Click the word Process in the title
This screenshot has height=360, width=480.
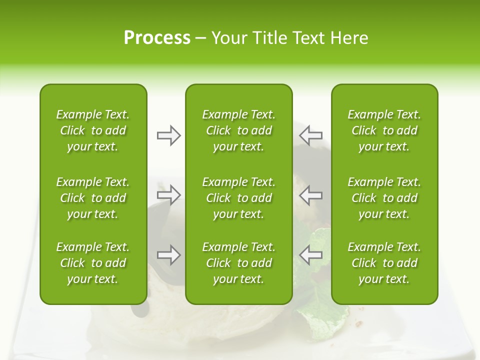[157, 38]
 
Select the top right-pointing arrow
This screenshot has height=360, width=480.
[168, 135]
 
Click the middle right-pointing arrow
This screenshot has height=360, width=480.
[168, 194]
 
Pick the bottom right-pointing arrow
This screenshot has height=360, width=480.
[168, 254]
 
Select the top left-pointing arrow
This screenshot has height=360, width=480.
[310, 135]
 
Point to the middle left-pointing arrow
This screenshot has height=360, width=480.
[310, 194]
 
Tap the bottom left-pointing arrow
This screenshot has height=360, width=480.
[310, 254]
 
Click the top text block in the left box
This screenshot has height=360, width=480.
[93, 130]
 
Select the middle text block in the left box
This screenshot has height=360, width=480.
[93, 198]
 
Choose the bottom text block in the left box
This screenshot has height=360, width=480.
[93, 263]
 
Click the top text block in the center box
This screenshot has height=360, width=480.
[238, 130]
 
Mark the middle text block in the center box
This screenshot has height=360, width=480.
[238, 198]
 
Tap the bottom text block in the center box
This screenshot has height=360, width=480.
[238, 263]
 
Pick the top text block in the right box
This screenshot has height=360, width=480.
[384, 130]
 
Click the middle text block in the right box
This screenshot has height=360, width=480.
[384, 198]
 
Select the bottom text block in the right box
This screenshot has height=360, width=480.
[384, 263]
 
